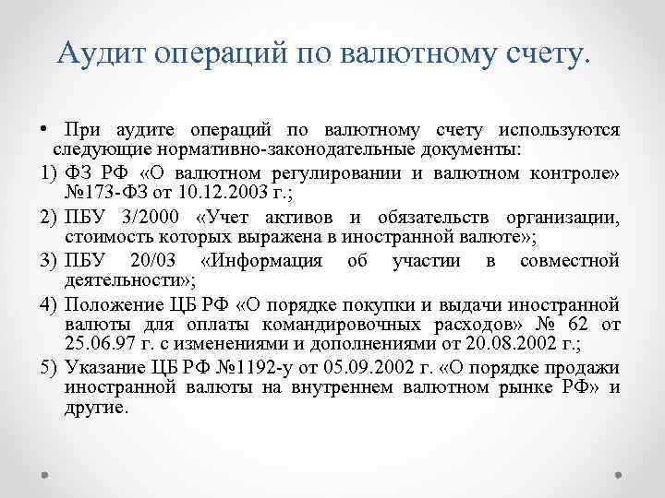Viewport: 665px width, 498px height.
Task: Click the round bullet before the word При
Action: point(43,131)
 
